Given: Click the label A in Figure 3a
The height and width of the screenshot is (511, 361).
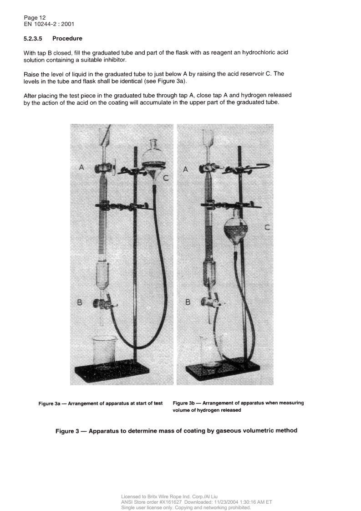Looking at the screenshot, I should [81, 168].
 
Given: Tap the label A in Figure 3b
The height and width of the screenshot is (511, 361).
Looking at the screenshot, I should [185, 169].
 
